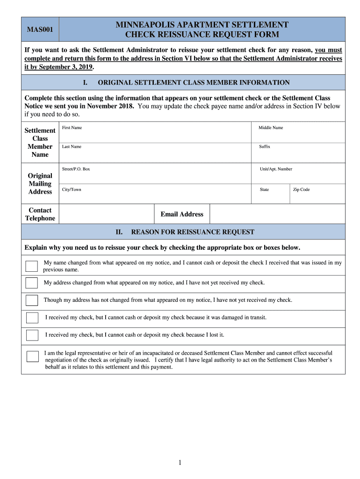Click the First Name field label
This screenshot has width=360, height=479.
72,128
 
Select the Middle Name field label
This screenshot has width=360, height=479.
271,128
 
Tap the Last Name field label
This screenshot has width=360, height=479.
72,146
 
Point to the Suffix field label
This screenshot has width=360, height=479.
265,146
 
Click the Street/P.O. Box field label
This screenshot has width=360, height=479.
76,169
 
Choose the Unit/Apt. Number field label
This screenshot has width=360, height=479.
276,169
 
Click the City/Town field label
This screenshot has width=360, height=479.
72,189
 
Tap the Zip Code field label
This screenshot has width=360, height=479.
301,189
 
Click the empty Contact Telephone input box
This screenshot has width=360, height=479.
107,214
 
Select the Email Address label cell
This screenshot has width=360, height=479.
182,214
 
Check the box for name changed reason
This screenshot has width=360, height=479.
32,266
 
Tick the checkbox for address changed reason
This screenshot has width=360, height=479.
32,283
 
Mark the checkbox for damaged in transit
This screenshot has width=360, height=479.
32,318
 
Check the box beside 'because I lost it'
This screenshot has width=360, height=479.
32,335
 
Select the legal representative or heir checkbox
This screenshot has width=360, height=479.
33,356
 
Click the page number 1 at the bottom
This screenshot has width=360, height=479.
180,463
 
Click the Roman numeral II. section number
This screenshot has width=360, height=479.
119,232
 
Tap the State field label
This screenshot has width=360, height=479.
264,189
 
